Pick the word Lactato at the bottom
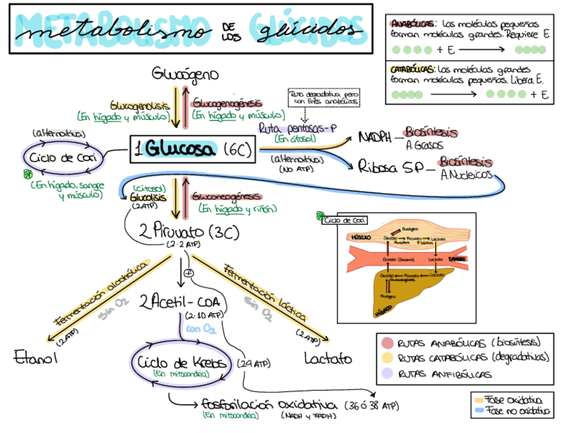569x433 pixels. click(327, 359)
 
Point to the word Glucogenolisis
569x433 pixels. click(138, 106)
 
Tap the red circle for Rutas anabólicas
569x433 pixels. click(387, 343)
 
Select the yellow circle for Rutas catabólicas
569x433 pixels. click(387, 358)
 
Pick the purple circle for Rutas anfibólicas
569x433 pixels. click(387, 373)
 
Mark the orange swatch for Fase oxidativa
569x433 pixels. click(478, 399)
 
